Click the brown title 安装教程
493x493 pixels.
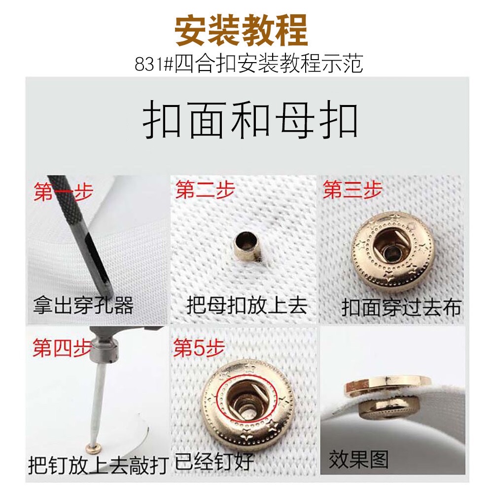coord(241,31)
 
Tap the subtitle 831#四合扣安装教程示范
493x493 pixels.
coord(248,64)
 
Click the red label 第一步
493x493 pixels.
coord(63,192)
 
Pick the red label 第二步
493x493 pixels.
coord(205,190)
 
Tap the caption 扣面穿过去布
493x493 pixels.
coord(401,307)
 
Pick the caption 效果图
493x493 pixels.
coord(358,459)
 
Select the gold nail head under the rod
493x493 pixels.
coord(92,447)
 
